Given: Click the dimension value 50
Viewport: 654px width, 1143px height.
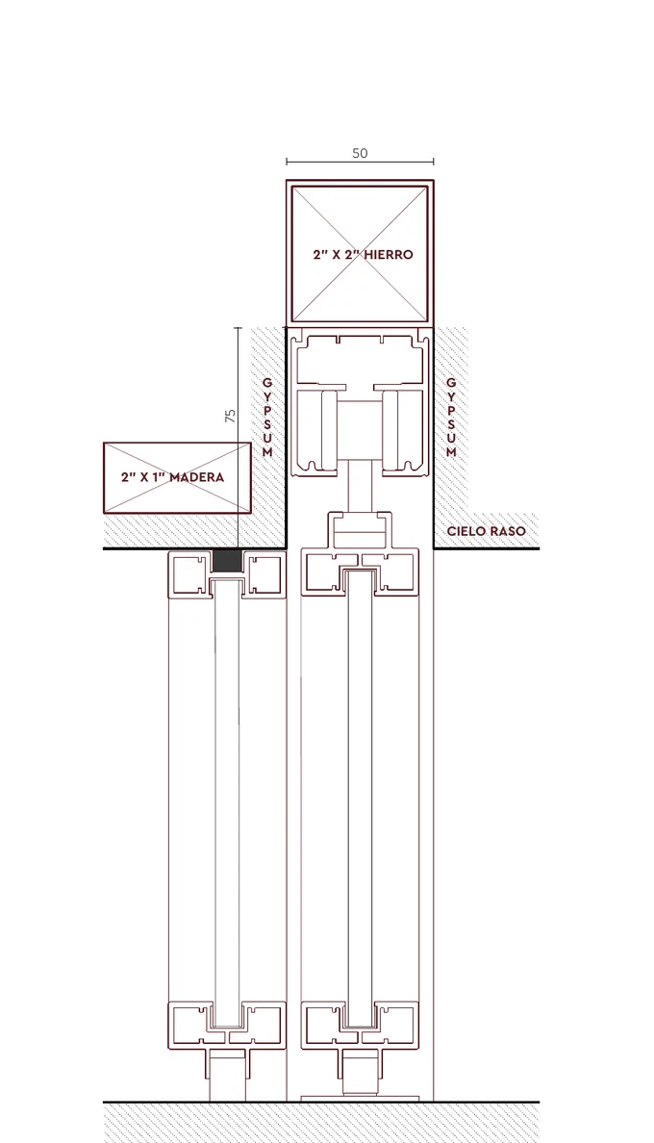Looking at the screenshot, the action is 360,153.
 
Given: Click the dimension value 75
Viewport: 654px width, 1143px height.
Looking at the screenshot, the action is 230,416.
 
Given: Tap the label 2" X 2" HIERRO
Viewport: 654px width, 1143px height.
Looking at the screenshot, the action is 363,254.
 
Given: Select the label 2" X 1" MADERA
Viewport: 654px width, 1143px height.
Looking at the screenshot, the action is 172,477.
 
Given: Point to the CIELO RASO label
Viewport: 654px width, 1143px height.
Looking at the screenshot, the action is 486,531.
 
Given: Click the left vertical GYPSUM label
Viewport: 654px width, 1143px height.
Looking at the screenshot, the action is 267,417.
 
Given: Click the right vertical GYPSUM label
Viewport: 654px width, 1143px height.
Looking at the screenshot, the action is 451,417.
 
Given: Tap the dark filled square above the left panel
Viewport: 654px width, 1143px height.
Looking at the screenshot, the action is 226,561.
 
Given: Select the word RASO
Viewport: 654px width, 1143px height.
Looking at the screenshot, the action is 508,531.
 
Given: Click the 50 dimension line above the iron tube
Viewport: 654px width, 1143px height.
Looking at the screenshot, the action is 360,162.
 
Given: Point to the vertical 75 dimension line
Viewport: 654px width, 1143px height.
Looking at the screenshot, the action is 238,438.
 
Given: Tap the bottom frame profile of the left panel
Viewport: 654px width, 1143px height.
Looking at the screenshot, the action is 227,1026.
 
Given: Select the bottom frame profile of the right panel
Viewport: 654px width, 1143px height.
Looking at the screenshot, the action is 360,1026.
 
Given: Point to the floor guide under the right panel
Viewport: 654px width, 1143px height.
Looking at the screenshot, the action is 360,1076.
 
